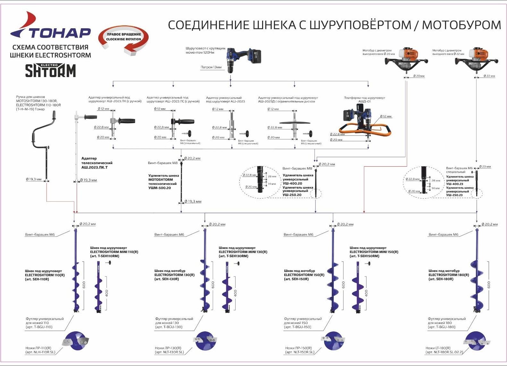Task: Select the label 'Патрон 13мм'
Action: click(x=211, y=67)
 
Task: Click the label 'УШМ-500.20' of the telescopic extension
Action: click(x=159, y=188)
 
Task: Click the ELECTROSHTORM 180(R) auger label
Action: click(x=448, y=275)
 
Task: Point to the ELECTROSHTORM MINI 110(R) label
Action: click(x=114, y=252)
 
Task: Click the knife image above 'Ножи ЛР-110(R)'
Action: click(x=76, y=341)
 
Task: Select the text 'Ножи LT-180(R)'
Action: click(x=438, y=348)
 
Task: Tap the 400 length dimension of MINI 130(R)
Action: click(x=236, y=293)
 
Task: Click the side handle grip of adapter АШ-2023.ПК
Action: click(x=127, y=121)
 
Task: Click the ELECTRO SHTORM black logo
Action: click(x=50, y=70)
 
